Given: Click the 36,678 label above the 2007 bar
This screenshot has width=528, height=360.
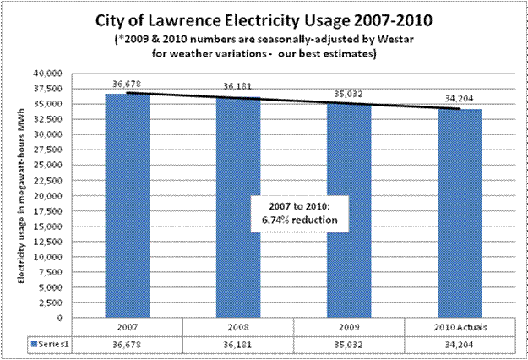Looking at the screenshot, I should [126, 83].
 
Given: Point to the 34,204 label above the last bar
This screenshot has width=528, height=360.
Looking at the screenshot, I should [459, 99].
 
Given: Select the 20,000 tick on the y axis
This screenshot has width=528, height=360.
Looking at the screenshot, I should [50, 196].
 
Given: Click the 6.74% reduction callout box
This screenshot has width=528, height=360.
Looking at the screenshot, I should [297, 215].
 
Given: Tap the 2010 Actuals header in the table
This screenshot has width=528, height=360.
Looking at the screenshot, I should [459, 327].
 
